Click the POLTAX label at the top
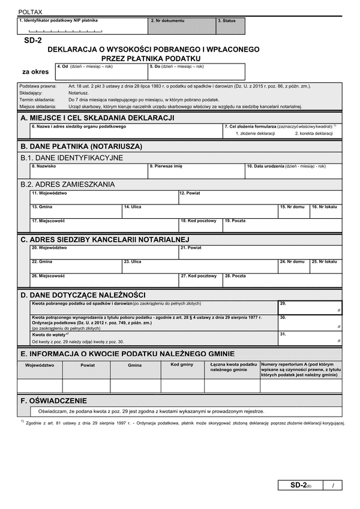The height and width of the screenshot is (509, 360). [31, 11]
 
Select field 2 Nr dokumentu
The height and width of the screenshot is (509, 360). [182, 27]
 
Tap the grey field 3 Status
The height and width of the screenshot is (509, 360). [230, 27]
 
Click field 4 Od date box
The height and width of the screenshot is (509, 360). [101, 73]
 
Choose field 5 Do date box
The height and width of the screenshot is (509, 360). [197, 73]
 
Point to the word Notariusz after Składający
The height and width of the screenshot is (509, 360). [79, 93]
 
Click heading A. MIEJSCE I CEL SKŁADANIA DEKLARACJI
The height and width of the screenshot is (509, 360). [97, 118]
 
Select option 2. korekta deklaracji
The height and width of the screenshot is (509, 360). [313, 133]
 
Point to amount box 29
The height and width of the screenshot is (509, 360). [310, 307]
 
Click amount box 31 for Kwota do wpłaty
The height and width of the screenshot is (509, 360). [310, 338]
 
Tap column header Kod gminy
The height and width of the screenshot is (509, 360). [182, 365]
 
